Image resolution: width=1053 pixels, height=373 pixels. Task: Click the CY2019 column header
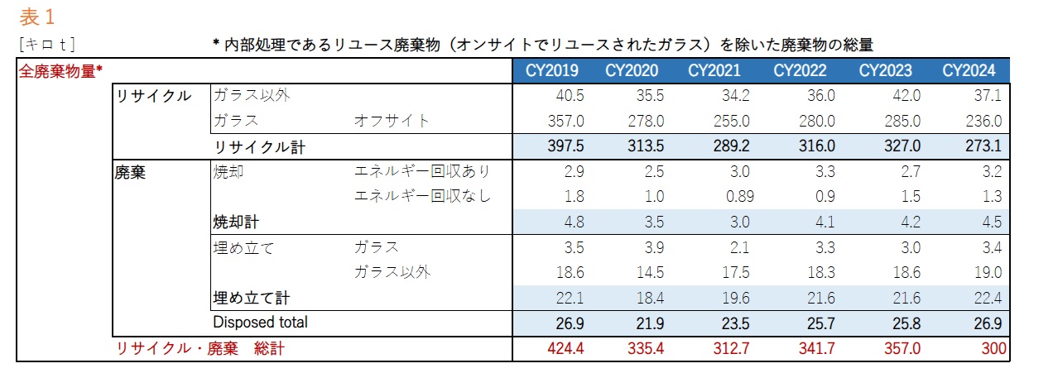[x=552, y=70]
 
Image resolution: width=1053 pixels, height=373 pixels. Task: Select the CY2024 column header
[x=969, y=70]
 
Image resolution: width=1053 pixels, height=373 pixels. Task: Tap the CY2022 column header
[x=801, y=70]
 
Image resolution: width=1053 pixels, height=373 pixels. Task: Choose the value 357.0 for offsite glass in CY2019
[x=567, y=121]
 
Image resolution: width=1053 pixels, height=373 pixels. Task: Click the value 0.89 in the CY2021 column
[x=735, y=196]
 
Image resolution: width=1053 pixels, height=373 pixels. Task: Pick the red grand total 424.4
[x=566, y=349]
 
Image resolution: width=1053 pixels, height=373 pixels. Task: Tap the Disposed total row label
[x=260, y=322]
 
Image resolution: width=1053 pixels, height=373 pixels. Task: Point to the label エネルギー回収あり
[x=422, y=171]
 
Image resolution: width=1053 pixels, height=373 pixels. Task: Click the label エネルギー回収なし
[x=422, y=196]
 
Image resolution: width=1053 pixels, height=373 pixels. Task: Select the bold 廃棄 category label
[x=130, y=172]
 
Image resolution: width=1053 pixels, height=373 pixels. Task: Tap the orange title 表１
[x=36, y=17]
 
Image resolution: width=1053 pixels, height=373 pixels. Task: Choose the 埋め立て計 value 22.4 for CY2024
[x=988, y=298]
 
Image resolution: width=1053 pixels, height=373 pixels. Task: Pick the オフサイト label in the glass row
[x=392, y=121]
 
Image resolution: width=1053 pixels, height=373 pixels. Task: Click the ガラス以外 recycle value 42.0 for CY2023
[x=903, y=96]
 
